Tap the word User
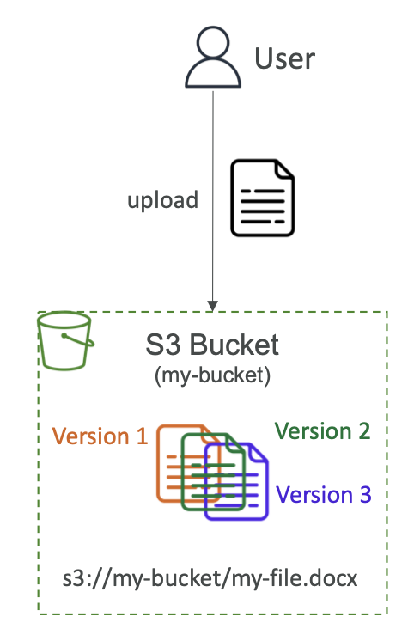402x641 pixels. click(x=285, y=58)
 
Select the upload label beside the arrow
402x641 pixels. click(x=162, y=200)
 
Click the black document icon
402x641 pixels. click(x=263, y=198)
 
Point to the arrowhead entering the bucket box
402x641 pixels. click(x=212, y=306)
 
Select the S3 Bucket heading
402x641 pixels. click(x=212, y=345)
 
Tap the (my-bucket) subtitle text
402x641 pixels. click(x=212, y=375)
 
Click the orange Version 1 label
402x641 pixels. click(x=100, y=436)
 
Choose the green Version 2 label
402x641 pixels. click(x=322, y=431)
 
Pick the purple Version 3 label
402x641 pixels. click(x=324, y=495)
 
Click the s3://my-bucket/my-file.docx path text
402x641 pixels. click(x=210, y=578)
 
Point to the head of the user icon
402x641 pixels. click(x=213, y=42)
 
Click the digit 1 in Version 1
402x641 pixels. click(x=142, y=436)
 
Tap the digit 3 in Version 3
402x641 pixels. click(x=366, y=495)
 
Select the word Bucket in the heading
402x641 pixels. click(x=234, y=345)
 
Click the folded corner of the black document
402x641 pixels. click(x=285, y=168)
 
